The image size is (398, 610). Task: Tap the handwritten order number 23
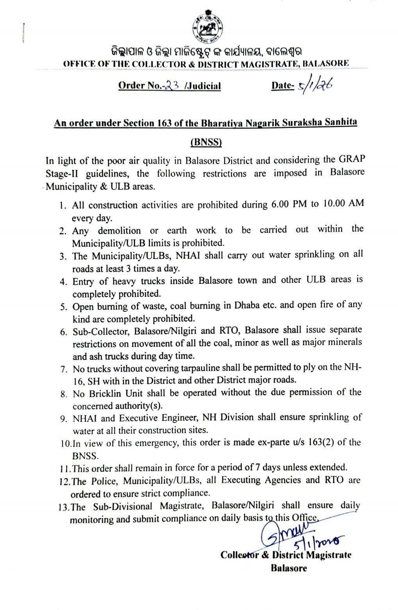[x=172, y=85]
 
